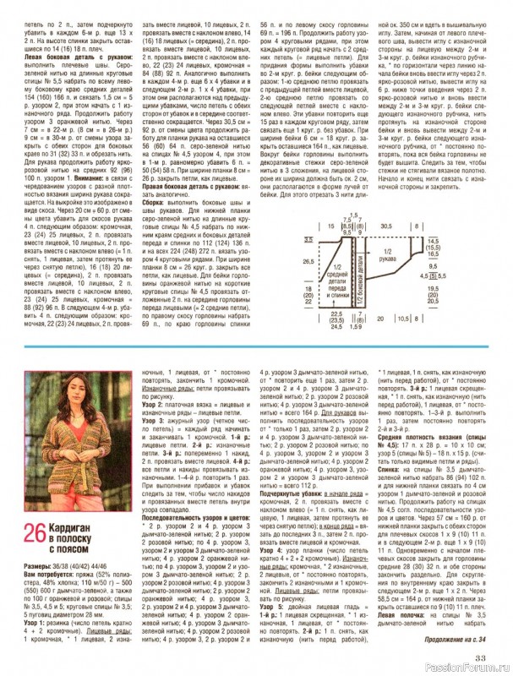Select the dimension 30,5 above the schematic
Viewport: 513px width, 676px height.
(390, 251)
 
